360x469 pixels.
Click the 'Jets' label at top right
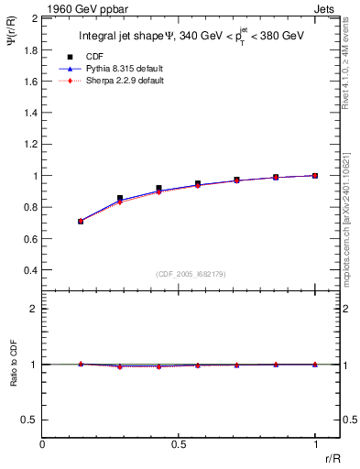tap(326, 9)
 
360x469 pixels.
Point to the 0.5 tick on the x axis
tap(179, 441)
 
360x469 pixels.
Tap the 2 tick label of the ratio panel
tap(34, 309)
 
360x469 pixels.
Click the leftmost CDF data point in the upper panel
tap(81, 221)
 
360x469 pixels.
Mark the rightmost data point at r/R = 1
tap(315, 175)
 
